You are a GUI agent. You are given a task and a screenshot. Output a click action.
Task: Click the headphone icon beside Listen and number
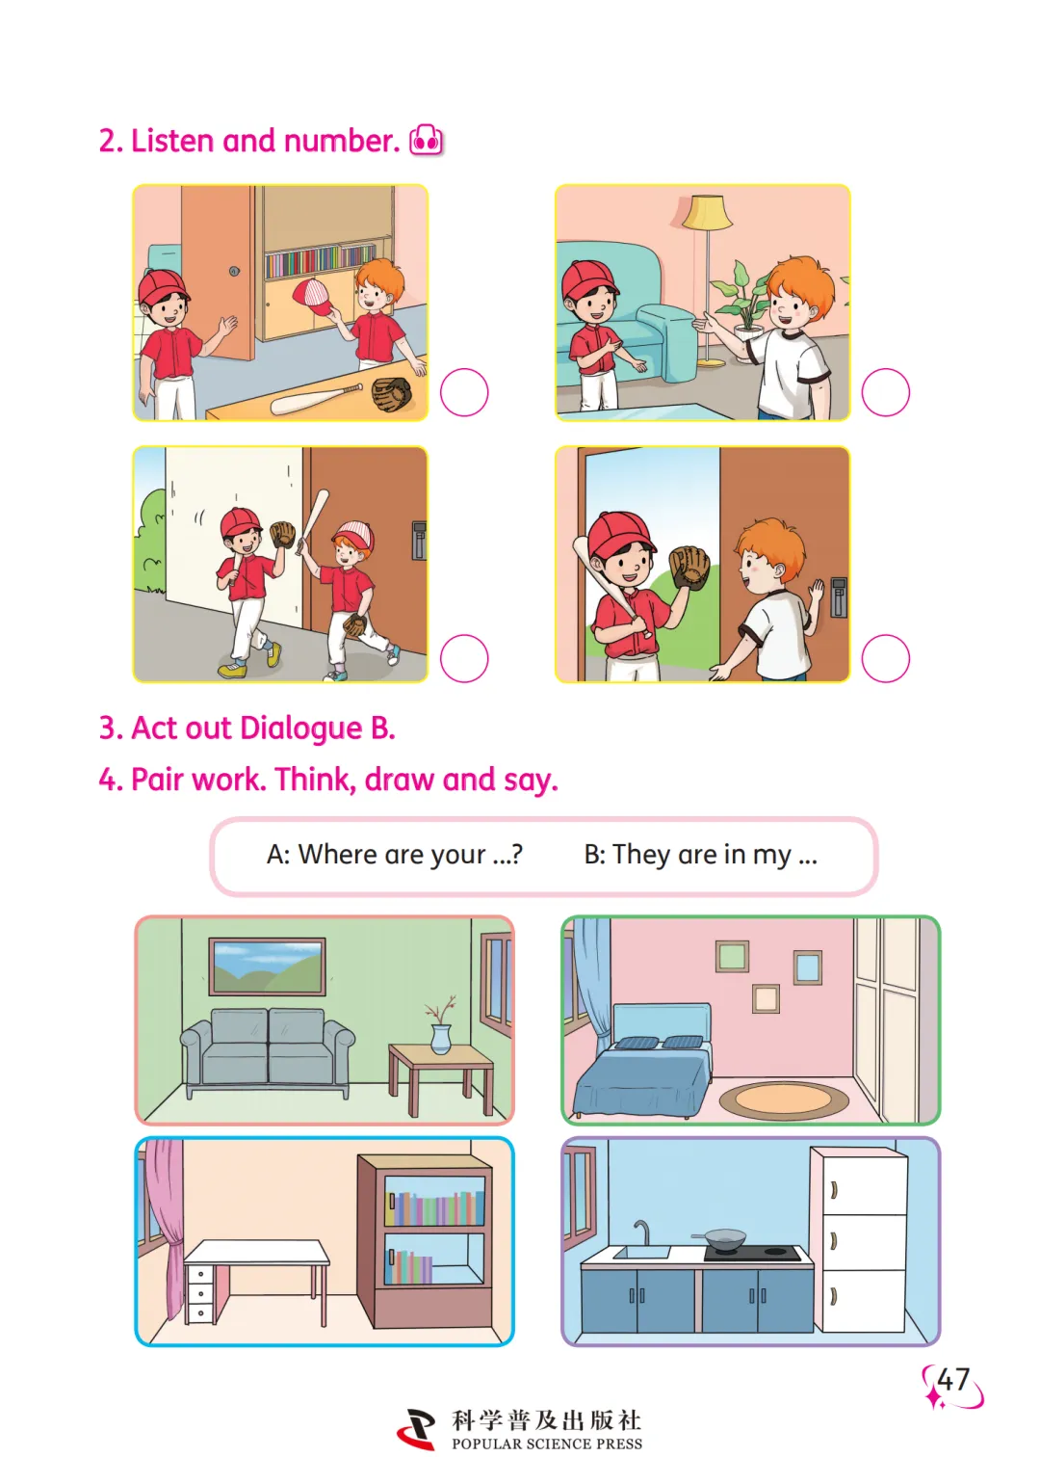426,140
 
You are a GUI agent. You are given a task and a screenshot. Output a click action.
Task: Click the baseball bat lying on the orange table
316,398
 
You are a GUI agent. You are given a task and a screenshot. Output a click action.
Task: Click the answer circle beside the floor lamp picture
885,392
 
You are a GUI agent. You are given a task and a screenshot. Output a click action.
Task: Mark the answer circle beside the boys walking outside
464,658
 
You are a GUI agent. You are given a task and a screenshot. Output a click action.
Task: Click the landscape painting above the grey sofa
267,967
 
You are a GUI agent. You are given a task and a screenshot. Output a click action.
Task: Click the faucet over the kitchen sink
641,1232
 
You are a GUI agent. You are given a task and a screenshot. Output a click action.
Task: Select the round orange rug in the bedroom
783,1099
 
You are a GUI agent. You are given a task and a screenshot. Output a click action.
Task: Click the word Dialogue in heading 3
301,728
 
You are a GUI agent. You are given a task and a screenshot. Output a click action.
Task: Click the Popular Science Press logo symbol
416,1428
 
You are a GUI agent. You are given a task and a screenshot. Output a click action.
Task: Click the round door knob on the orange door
234,271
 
